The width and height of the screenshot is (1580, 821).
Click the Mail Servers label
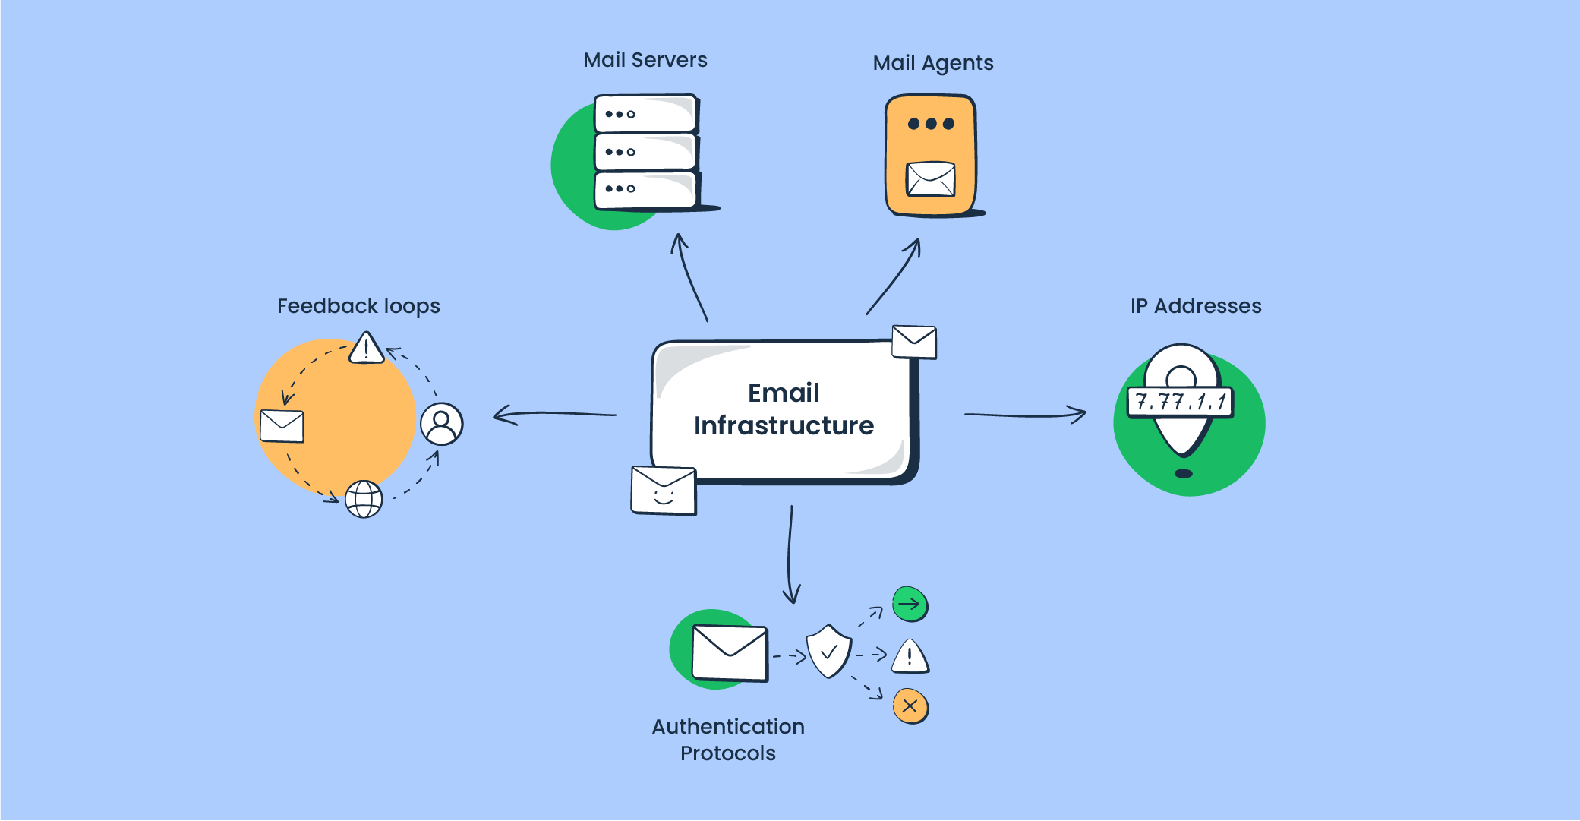point(645,60)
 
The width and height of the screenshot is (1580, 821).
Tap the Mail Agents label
point(932,63)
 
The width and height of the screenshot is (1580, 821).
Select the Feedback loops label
point(358,306)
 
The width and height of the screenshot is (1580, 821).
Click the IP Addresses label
point(1195,306)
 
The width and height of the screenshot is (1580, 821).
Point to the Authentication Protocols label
point(727,740)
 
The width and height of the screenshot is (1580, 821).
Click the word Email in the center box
point(784,393)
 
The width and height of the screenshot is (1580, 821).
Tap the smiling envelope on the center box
point(664,491)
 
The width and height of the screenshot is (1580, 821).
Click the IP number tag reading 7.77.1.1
point(1181,402)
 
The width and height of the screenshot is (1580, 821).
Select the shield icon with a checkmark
point(828,652)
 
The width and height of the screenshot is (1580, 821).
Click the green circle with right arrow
point(910,605)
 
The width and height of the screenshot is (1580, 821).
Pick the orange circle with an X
point(910,706)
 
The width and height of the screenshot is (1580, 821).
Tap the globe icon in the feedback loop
point(364,499)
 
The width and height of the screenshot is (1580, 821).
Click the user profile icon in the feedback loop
point(441,424)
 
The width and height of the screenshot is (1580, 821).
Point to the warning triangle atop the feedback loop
point(367,348)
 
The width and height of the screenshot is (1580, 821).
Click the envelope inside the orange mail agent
point(931,179)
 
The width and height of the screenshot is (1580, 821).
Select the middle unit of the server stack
point(645,152)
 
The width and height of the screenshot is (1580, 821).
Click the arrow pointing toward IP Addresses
point(1025,415)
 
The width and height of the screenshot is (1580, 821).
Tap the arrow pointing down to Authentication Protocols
point(790,554)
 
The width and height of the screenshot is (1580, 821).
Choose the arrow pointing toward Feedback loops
point(554,415)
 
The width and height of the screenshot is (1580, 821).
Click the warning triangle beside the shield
point(910,657)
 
